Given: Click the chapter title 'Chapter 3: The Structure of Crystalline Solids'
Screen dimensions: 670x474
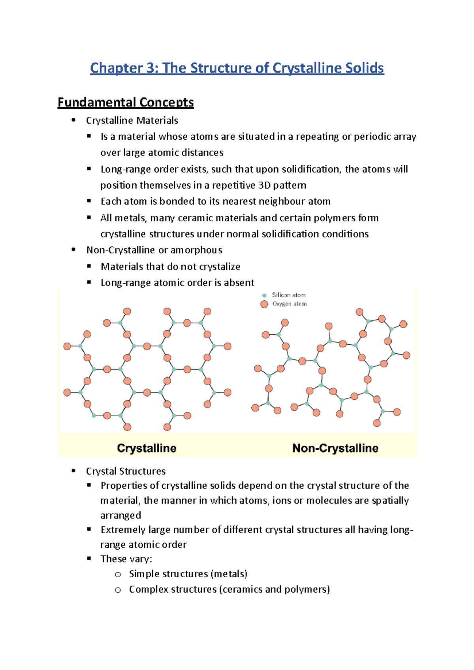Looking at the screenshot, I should pyautogui.click(x=237, y=68).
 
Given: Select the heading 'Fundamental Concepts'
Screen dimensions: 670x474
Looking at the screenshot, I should pyautogui.click(x=126, y=103).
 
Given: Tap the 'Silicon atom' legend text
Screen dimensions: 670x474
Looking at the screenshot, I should pyautogui.click(x=288, y=295).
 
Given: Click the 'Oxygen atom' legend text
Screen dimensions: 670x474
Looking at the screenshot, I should pyautogui.click(x=289, y=304).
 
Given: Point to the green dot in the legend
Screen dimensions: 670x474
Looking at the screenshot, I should pyautogui.click(x=264, y=295).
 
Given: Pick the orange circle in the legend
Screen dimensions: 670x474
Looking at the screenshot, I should pyautogui.click(x=264, y=304).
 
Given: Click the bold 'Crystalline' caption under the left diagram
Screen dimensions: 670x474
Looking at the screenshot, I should pyautogui.click(x=147, y=448).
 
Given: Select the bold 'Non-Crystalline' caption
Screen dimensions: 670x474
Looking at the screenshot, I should pyautogui.click(x=335, y=448).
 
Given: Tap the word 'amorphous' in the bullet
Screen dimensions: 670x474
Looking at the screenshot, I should pyautogui.click(x=196, y=250).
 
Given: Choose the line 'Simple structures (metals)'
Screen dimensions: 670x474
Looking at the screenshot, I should pyautogui.click(x=188, y=574).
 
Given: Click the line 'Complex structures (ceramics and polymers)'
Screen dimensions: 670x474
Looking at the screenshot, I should pyautogui.click(x=229, y=590).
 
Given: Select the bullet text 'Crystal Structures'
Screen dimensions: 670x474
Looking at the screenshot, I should pyautogui.click(x=126, y=471).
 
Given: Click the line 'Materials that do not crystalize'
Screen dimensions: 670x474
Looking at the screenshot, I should pyautogui.click(x=170, y=267).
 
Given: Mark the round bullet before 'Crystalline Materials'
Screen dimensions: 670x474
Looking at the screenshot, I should pyautogui.click(x=73, y=120).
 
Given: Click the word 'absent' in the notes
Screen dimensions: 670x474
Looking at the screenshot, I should pyautogui.click(x=239, y=283).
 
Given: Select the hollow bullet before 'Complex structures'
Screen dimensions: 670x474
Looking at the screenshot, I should pyautogui.click(x=118, y=590).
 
